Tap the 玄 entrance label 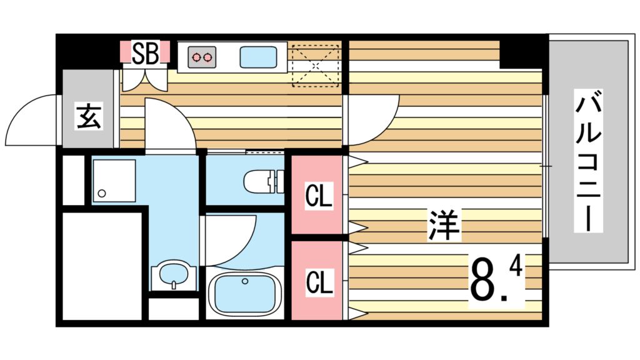[x=89, y=116]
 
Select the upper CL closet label [x=319, y=196]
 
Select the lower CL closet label [x=319, y=282]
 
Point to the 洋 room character [x=444, y=225]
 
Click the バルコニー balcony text [x=588, y=161]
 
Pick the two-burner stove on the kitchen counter [x=202, y=57]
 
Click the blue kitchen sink [x=258, y=57]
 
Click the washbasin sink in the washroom [x=174, y=276]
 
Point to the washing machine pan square [x=114, y=181]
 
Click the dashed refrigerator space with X [x=316, y=66]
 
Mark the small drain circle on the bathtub [x=245, y=281]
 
